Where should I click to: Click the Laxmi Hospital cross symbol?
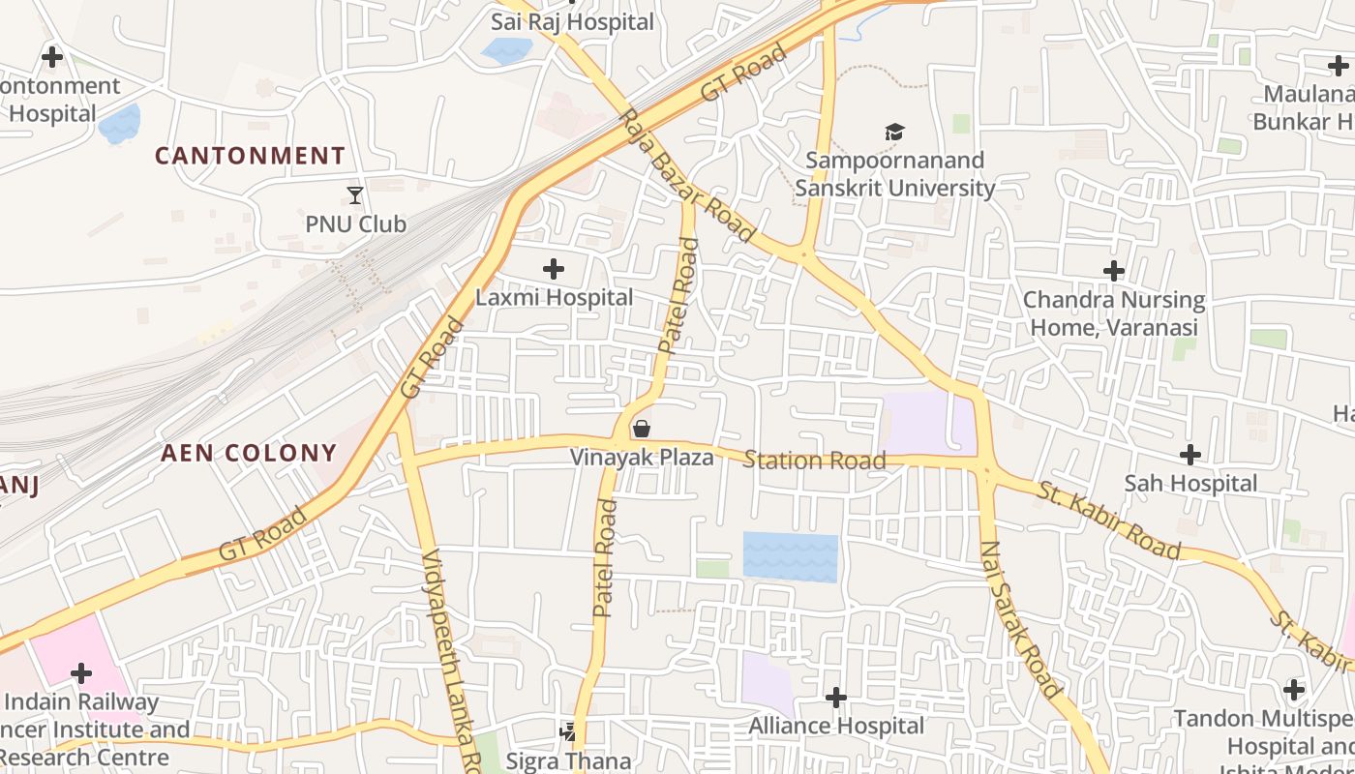pyautogui.click(x=554, y=268)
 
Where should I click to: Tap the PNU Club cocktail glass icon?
pyautogui.click(x=355, y=195)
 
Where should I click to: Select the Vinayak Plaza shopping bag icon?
pyautogui.click(x=641, y=429)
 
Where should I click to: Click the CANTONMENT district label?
pyautogui.click(x=250, y=156)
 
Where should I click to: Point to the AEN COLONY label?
pyautogui.click(x=249, y=453)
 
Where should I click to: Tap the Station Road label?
pyautogui.click(x=814, y=461)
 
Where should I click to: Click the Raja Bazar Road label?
pyautogui.click(x=687, y=176)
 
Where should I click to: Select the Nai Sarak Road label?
pyautogui.click(x=1020, y=619)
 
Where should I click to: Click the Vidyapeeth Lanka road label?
pyautogui.click(x=448, y=658)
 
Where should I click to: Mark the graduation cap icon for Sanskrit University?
pyautogui.click(x=894, y=132)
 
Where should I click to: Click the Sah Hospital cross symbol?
pyautogui.click(x=1190, y=454)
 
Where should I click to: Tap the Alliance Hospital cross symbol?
pyautogui.click(x=836, y=696)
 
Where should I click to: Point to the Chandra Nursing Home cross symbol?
pyautogui.click(x=1114, y=270)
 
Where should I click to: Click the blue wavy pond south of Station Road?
pyautogui.click(x=790, y=557)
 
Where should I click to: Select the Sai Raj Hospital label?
pyautogui.click(x=573, y=21)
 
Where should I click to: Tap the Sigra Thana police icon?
pyautogui.click(x=568, y=732)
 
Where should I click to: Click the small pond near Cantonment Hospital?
pyautogui.click(x=120, y=124)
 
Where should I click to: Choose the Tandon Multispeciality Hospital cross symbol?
pyautogui.click(x=1294, y=690)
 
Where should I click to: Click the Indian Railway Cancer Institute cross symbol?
pyautogui.click(x=81, y=672)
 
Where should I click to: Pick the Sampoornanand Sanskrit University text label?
pyautogui.click(x=894, y=174)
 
